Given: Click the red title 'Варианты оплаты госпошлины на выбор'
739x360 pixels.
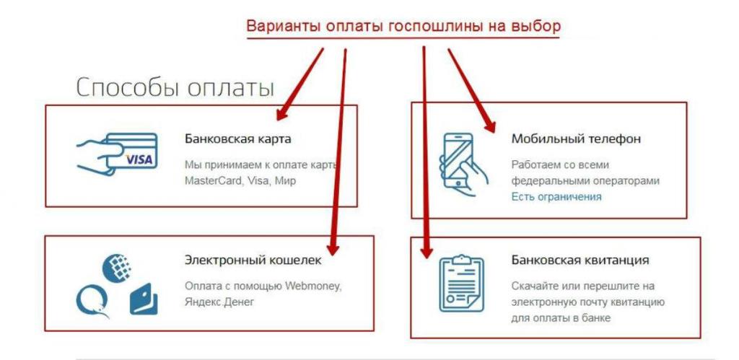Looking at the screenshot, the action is [x=403, y=27].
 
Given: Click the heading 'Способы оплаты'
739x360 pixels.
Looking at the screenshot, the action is [x=175, y=87].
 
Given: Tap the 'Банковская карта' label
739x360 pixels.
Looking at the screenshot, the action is [x=238, y=139].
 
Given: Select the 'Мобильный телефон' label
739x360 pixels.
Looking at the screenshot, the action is [x=576, y=139].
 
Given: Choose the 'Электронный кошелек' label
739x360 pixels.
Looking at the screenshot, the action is [x=253, y=260].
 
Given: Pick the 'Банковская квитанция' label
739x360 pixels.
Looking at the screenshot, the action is [x=580, y=260].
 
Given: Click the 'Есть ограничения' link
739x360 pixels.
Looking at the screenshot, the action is [x=556, y=197].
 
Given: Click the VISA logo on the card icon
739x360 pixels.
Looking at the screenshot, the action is [x=139, y=160].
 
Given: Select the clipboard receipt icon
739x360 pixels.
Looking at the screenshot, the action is [x=461, y=284].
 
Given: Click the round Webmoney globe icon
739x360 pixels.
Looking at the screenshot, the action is [x=117, y=268].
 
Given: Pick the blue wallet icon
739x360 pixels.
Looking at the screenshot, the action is [x=144, y=299].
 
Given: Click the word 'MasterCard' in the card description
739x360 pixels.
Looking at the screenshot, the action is [x=211, y=181].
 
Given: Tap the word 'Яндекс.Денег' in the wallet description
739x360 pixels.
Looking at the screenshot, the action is [x=219, y=302].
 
